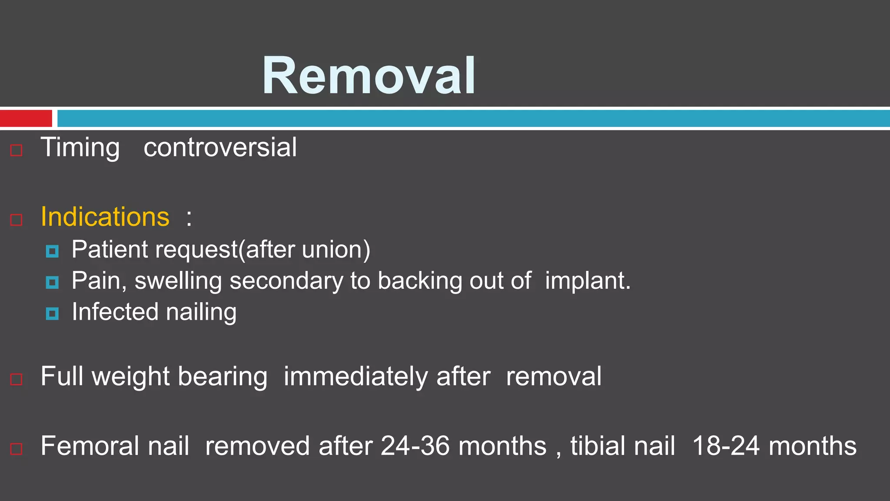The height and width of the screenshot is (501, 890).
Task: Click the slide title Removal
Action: coord(369,76)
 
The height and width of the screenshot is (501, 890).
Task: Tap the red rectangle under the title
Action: coord(26,118)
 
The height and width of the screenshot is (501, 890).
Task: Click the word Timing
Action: coord(80,148)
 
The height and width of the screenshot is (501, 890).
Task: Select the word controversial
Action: coord(220,148)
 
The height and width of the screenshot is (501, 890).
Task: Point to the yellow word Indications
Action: coord(105,217)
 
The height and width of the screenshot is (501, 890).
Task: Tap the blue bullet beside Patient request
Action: coord(52,251)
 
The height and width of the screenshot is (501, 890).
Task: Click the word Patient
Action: coord(110,250)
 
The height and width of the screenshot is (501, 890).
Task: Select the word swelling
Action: coord(178,281)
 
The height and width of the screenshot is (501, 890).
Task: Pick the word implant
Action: coord(587,281)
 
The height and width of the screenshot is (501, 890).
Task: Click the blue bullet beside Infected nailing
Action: coord(52,314)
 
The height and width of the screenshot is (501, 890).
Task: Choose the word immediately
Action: coord(356,377)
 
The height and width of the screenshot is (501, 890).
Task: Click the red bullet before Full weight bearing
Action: coord(17,379)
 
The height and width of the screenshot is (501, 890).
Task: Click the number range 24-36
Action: coord(415,446)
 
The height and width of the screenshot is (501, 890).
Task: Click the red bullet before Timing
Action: coord(17,150)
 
